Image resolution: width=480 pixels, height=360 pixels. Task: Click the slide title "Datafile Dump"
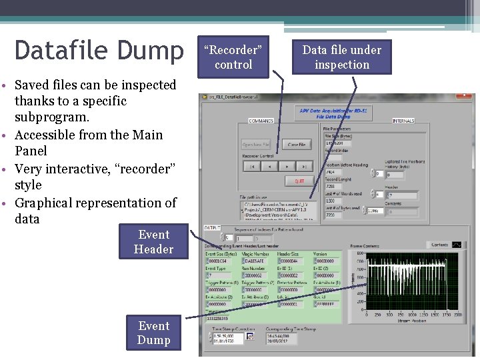pyautogui.click(x=99, y=51)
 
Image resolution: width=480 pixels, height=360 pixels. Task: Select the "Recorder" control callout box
pyautogui.click(x=233, y=57)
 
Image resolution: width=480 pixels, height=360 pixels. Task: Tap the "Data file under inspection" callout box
pyautogui.click(x=341, y=57)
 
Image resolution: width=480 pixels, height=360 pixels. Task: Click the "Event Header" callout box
pyautogui.click(x=153, y=242)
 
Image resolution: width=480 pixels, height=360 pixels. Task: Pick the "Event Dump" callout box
pyautogui.click(x=153, y=333)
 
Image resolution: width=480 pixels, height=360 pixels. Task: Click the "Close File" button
pyautogui.click(x=297, y=145)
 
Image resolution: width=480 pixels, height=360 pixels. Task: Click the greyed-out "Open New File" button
pyautogui.click(x=255, y=145)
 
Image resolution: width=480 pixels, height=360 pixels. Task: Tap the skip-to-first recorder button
pyautogui.click(x=252, y=167)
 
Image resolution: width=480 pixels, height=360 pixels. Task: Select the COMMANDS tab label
pyautogui.click(x=261, y=121)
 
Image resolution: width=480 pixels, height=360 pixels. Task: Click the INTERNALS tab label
pyautogui.click(x=403, y=121)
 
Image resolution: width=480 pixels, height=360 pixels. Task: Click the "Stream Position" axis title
pyautogui.click(x=411, y=320)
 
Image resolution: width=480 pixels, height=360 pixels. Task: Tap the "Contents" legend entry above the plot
pyautogui.click(x=439, y=245)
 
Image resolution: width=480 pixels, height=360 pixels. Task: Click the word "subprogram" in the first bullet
pyautogui.click(x=51, y=117)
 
